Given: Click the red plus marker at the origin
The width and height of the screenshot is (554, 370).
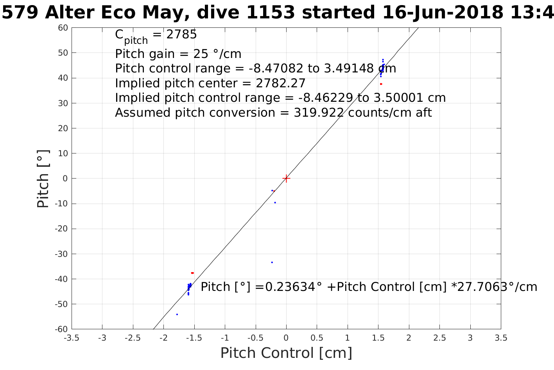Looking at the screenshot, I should tap(286, 179).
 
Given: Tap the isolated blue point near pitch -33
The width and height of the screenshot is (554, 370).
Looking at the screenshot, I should tap(272, 262).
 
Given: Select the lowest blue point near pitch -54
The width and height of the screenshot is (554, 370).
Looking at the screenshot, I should tap(177, 314).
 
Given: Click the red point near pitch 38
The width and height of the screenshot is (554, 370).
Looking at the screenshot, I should tap(381, 84).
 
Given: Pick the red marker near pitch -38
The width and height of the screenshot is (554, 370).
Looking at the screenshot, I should tap(192, 273).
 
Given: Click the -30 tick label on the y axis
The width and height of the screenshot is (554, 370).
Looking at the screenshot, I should tap(61, 254).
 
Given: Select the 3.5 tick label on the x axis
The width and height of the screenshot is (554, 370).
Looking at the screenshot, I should tap(501, 338).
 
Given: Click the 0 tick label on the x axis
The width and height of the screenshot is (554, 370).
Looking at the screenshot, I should tap(286, 338).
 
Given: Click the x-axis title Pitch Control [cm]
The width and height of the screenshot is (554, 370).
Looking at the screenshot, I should tap(286, 353).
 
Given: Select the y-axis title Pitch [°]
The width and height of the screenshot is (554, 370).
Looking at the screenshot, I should tap(43, 179).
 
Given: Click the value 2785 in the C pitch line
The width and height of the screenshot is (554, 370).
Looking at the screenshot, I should tap(182, 35).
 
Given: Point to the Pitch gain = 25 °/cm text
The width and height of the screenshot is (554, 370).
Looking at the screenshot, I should tap(178, 54).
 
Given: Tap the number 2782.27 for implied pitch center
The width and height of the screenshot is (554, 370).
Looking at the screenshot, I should tap(280, 83).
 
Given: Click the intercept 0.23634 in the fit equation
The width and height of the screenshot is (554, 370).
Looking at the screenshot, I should tap(287, 287).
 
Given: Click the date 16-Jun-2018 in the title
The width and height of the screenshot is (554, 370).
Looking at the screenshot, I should tap(443, 13).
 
